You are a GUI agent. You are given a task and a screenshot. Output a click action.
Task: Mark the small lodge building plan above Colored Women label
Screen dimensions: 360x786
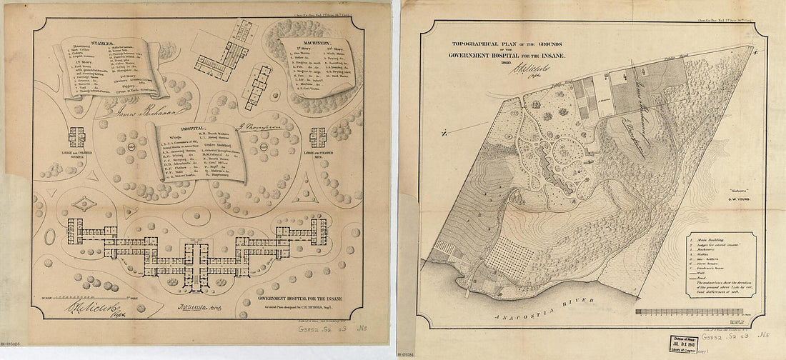click(76, 136)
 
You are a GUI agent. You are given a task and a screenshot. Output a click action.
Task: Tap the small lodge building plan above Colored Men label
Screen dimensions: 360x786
click(319, 136)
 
